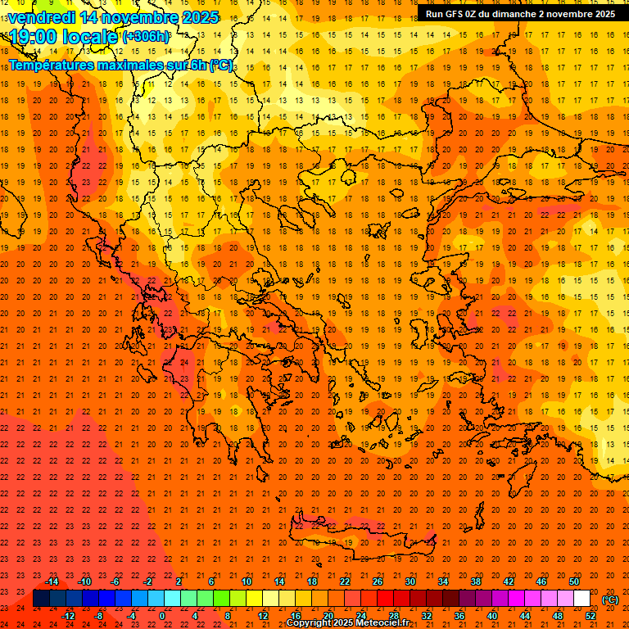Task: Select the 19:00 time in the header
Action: tap(34, 37)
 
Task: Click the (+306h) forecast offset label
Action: tap(146, 37)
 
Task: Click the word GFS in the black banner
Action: tap(458, 14)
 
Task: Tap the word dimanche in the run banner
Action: tap(523, 14)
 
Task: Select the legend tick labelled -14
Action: tap(52, 581)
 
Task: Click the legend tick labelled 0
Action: tap(162, 616)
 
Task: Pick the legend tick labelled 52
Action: tap(591, 616)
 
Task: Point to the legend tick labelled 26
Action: tap(378, 581)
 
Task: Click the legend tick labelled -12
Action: tap(68, 616)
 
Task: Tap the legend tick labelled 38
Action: tap(475, 581)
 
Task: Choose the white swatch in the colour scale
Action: tap(581, 599)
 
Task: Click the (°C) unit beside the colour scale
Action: tap(610, 600)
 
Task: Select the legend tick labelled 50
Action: tap(574, 581)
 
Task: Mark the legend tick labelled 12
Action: tap(264, 616)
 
